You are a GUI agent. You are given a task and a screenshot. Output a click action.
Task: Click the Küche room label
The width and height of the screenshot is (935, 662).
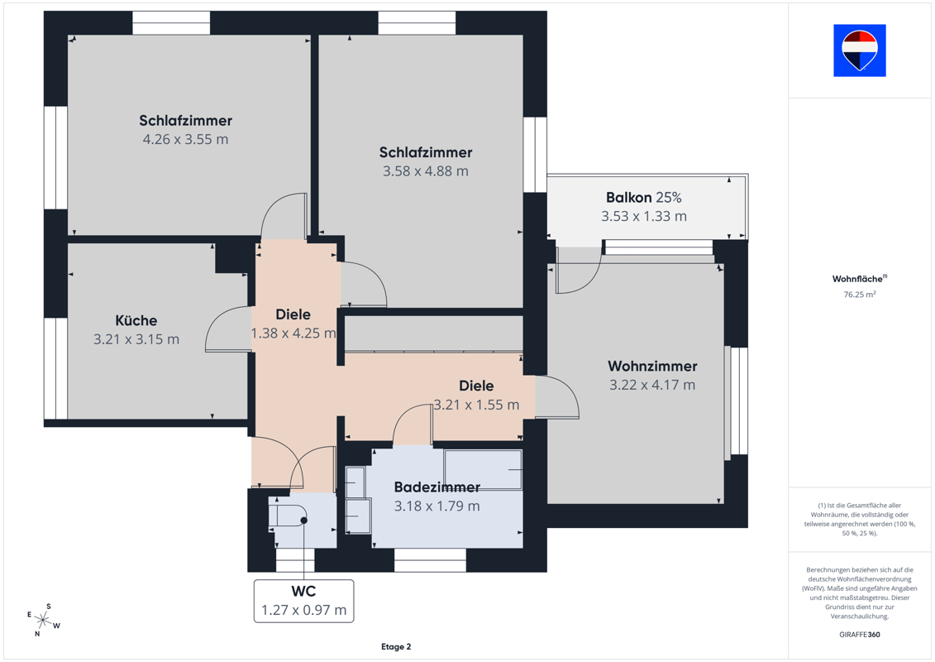136,320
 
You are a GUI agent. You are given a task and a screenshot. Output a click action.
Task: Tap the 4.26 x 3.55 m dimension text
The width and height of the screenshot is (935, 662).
185,139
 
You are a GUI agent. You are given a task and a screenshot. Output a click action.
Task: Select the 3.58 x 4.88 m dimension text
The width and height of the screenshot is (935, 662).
426,171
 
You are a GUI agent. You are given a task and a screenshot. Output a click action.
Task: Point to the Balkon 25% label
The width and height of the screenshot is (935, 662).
643,198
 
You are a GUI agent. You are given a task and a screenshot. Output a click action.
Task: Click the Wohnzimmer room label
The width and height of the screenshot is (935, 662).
652,366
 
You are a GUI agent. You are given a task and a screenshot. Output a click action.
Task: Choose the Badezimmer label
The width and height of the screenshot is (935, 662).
437,487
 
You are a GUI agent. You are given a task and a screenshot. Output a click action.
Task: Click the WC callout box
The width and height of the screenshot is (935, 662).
303,601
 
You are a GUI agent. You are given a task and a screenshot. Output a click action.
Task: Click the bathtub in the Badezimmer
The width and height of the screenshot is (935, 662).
483,470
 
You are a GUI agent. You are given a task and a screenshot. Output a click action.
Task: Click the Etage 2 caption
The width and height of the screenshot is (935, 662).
396,646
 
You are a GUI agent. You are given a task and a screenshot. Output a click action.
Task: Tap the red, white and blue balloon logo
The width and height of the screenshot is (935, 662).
859,50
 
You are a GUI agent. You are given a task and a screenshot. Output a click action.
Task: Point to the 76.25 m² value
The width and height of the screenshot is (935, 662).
859,295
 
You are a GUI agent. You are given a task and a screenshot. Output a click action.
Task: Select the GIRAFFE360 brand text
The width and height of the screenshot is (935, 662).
859,635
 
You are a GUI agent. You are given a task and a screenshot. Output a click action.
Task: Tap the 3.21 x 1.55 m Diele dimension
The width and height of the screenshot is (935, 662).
476,405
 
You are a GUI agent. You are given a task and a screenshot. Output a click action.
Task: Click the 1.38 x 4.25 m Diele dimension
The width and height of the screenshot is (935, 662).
293,333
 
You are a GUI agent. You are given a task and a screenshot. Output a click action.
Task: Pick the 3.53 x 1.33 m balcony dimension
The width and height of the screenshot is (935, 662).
643,216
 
